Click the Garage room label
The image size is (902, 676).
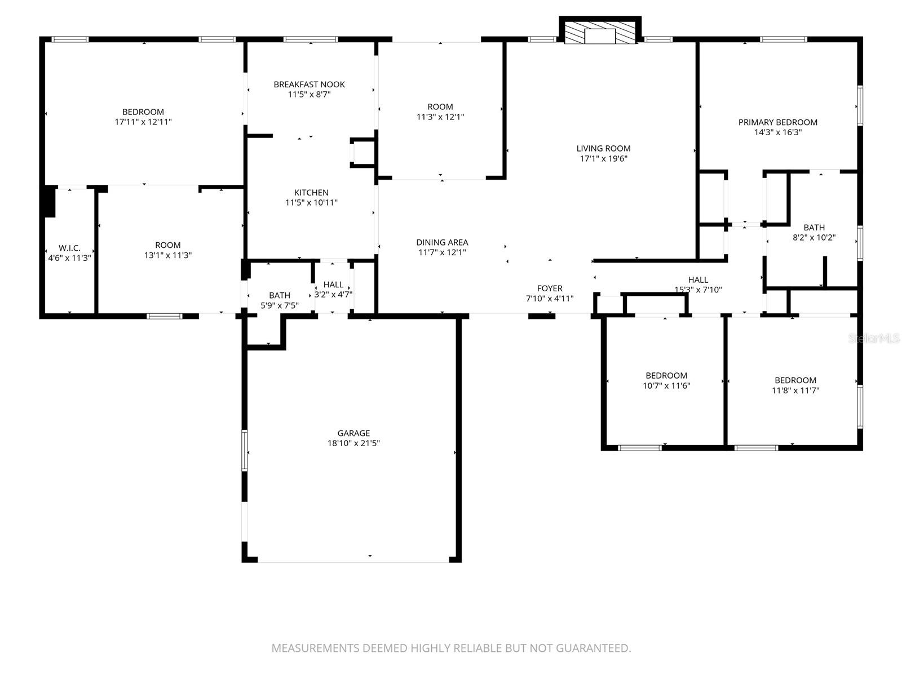(353, 433)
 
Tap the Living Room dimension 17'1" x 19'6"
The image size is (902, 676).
(603, 159)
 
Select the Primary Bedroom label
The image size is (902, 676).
(777, 122)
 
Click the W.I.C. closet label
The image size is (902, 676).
(69, 248)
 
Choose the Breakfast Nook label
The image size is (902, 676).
(309, 84)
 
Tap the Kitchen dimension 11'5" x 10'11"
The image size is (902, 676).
(311, 203)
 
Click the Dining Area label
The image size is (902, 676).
(442, 242)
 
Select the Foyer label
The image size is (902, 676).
(549, 288)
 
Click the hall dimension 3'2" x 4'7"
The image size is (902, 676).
(333, 294)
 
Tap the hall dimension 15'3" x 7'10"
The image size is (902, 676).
(698, 290)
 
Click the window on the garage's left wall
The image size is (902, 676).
(245, 450)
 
